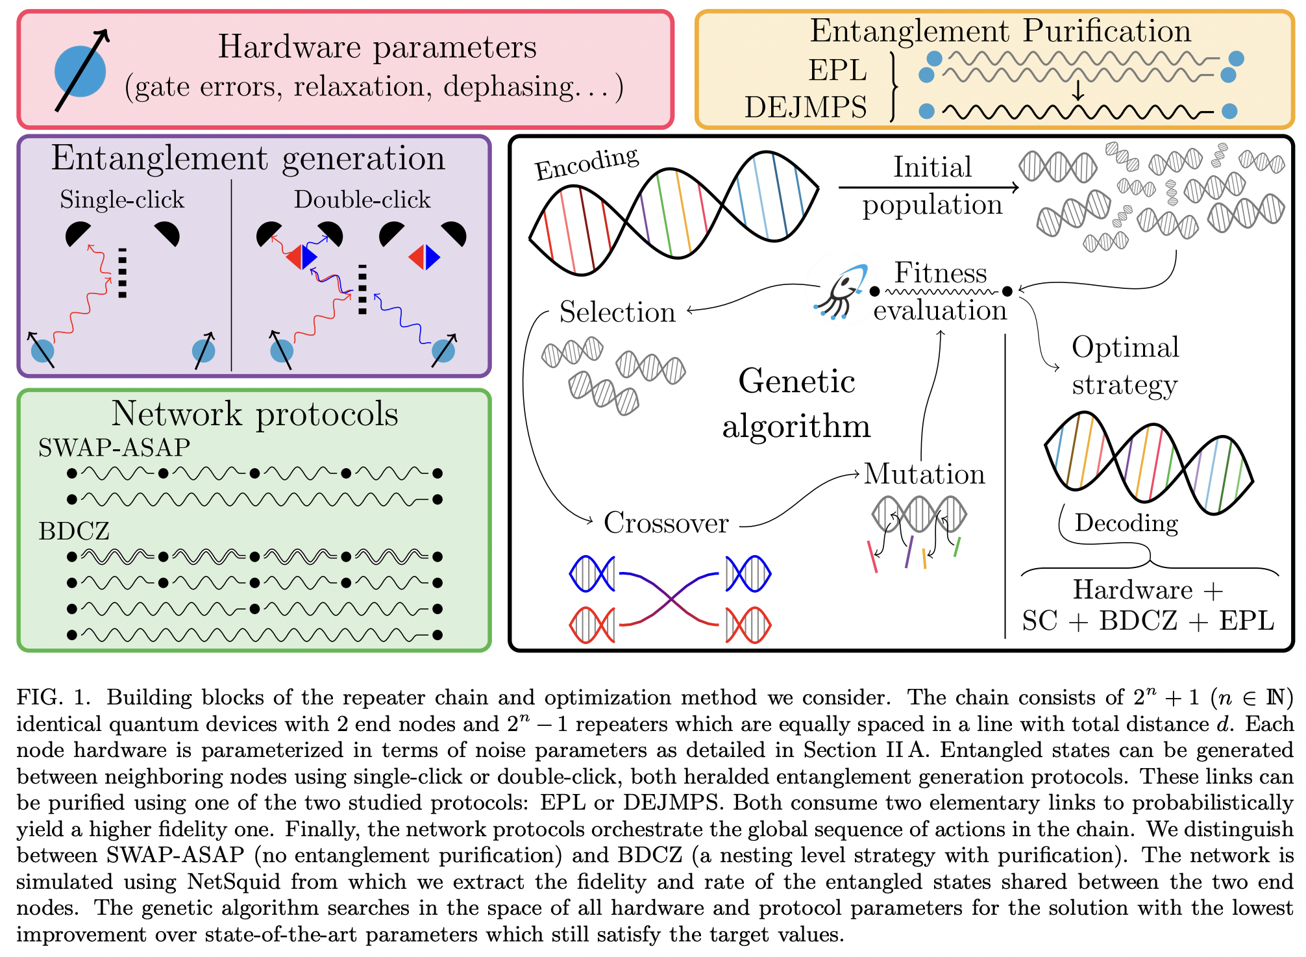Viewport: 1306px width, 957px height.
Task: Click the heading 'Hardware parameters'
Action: click(x=377, y=47)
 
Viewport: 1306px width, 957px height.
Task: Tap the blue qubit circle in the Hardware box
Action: click(x=79, y=71)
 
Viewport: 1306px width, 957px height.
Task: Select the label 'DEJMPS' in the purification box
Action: click(x=805, y=107)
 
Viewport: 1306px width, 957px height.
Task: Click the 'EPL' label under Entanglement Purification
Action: click(x=837, y=70)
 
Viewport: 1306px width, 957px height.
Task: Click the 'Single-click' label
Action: click(x=122, y=199)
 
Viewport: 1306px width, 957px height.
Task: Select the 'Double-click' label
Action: click(x=362, y=199)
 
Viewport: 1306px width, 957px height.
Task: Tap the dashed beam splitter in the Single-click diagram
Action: click(x=122, y=273)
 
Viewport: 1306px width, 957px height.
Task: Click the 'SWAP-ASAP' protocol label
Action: click(x=114, y=447)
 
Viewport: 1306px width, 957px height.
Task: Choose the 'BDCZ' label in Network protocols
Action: click(x=74, y=531)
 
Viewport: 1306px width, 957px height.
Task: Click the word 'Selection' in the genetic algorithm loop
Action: click(x=617, y=312)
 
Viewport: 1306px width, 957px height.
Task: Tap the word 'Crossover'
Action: click(x=666, y=523)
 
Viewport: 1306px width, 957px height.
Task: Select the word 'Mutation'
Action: click(x=924, y=474)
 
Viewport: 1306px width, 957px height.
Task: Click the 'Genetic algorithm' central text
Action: click(x=796, y=404)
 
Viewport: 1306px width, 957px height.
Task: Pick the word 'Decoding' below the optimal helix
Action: click(x=1126, y=523)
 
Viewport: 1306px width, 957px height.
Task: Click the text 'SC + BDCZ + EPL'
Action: click(x=1148, y=621)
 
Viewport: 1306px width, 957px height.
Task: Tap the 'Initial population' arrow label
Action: click(x=932, y=186)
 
